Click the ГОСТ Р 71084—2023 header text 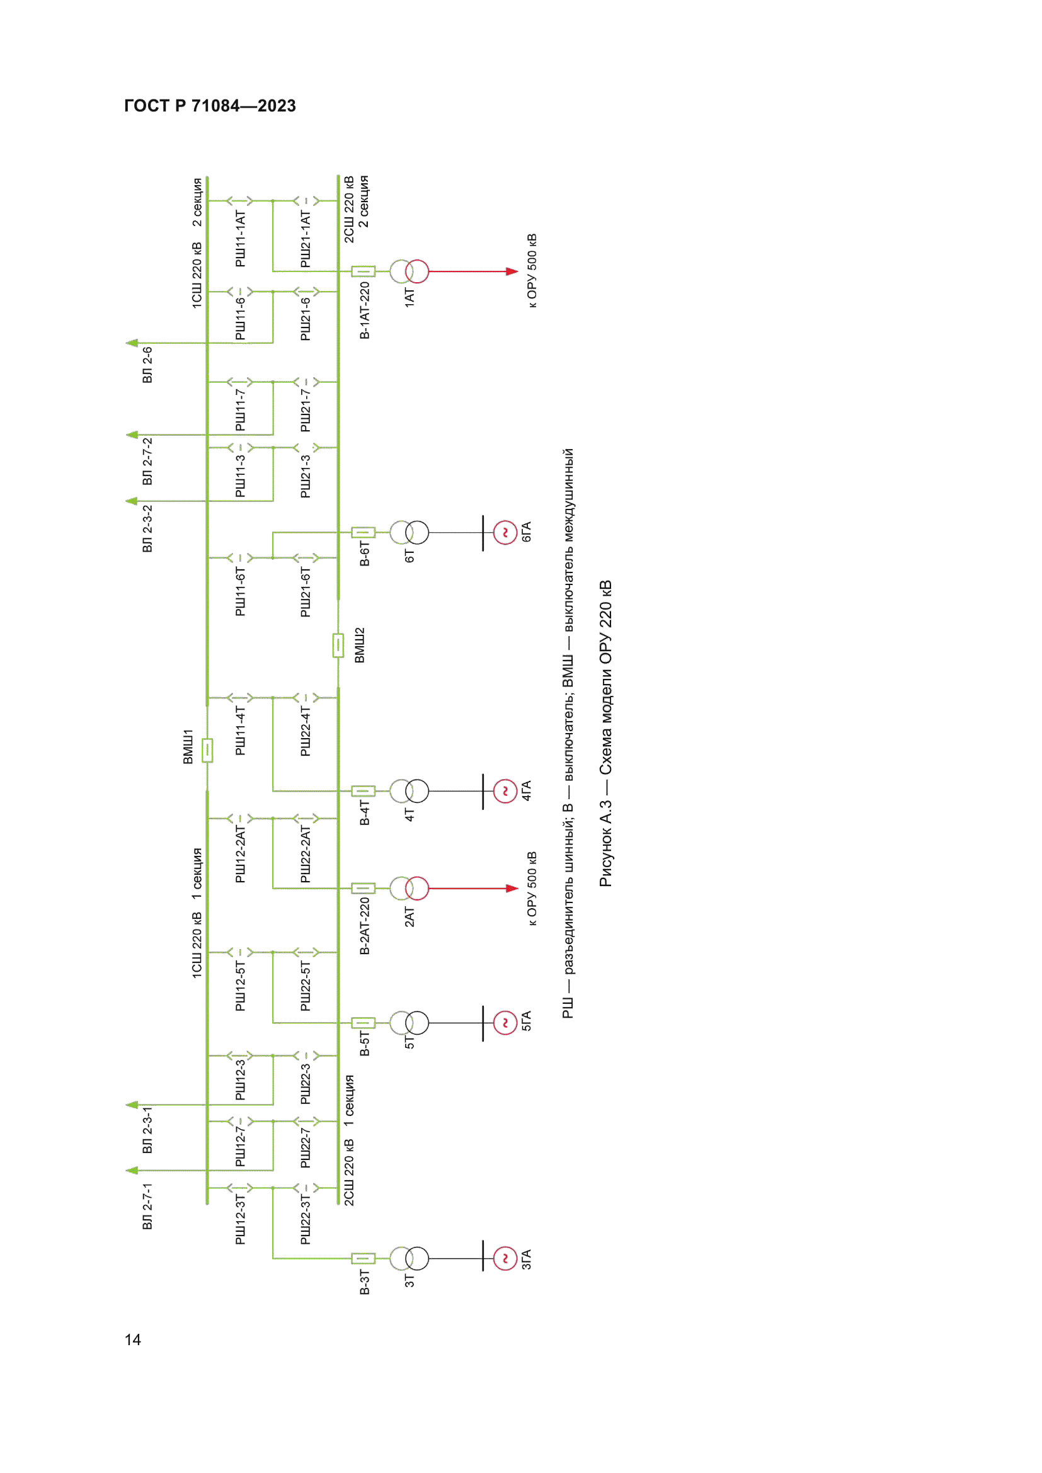coord(210,106)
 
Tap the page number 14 coord(133,1339)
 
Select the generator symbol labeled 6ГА coord(505,533)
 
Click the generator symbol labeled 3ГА coord(505,1259)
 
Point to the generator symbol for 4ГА coord(505,791)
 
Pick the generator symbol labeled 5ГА coord(505,1023)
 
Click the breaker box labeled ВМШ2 coord(338,646)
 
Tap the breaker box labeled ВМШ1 coord(207,751)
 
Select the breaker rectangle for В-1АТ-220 coord(363,271)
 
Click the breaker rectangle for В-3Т coord(363,1259)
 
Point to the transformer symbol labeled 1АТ coord(409,271)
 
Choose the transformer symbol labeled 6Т coord(409,533)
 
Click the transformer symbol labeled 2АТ coord(409,889)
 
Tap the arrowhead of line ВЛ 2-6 coord(132,343)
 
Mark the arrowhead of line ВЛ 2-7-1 coord(132,1171)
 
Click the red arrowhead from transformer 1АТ coord(512,271)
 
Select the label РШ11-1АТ coord(241,239)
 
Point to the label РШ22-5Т coord(306,986)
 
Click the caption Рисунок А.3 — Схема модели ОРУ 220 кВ coord(605,734)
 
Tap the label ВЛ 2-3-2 coord(147,528)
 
